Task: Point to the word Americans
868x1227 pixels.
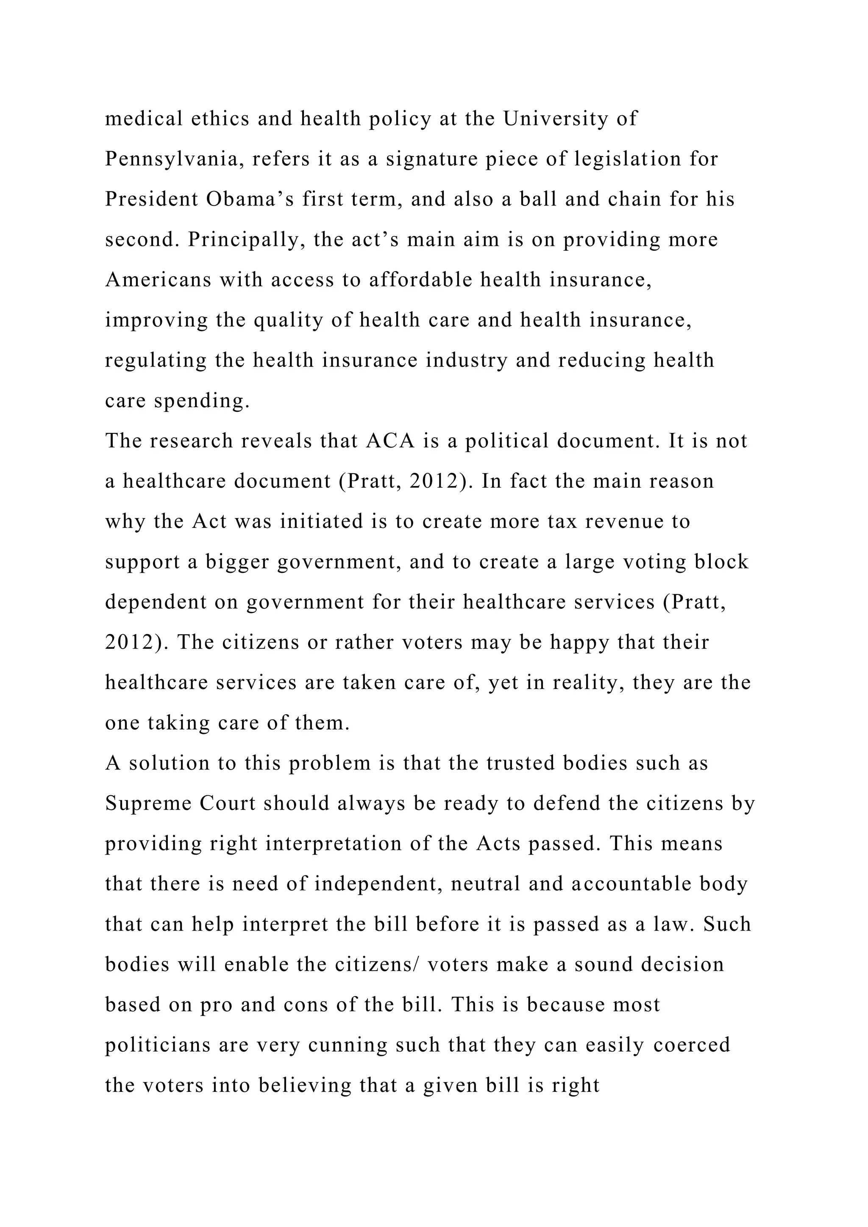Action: point(158,280)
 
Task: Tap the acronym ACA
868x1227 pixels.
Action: point(391,441)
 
